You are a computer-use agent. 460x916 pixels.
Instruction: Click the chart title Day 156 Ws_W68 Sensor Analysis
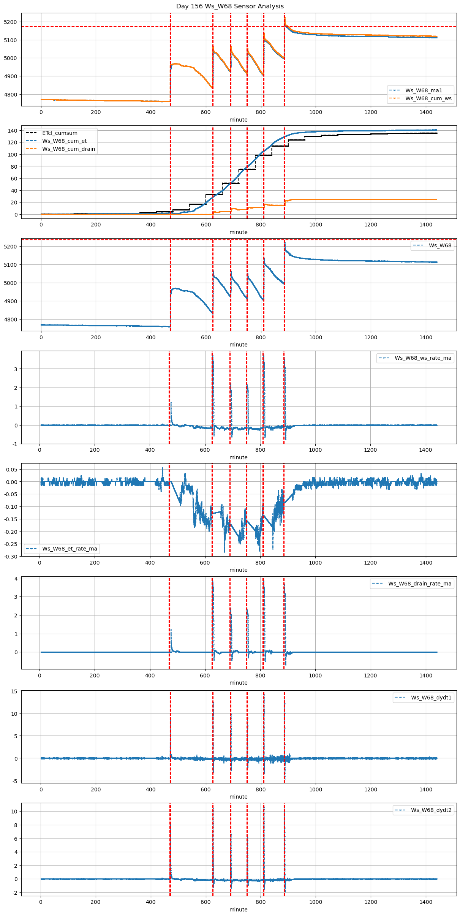click(230, 6)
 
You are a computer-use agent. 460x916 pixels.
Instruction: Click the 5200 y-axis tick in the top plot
click(11, 22)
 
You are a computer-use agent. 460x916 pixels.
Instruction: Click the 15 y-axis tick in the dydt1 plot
click(14, 691)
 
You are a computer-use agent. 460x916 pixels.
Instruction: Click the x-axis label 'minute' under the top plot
click(238, 120)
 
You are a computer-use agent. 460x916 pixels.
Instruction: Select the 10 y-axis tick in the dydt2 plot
click(14, 812)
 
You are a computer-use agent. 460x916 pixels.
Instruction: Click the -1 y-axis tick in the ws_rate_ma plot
click(15, 444)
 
